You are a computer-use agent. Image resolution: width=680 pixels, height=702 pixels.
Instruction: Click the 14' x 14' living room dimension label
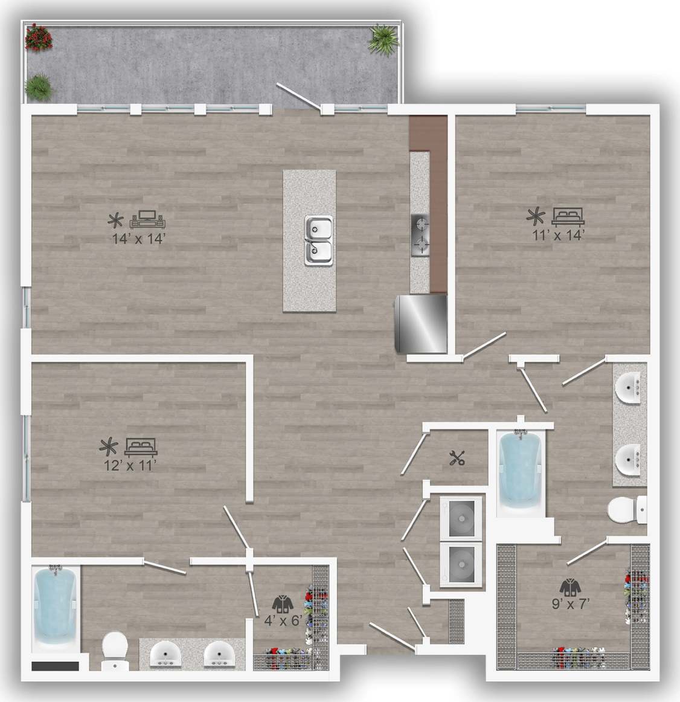[138, 239]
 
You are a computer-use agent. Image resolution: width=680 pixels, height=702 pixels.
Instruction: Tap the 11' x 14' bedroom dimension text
[558, 235]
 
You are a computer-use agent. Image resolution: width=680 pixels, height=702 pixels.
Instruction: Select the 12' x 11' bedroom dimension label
[130, 465]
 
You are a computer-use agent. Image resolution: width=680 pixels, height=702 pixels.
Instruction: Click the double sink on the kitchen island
[318, 240]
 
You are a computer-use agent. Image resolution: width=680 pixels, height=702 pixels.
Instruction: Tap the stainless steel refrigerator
[420, 323]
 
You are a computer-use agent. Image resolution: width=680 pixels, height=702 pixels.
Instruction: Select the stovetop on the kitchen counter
[421, 235]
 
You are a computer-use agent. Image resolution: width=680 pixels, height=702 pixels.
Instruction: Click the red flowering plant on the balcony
[39, 37]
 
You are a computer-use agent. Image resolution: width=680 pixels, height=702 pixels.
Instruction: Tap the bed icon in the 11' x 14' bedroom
[568, 215]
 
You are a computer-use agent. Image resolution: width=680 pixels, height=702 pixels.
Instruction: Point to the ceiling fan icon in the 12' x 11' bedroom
[109, 447]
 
